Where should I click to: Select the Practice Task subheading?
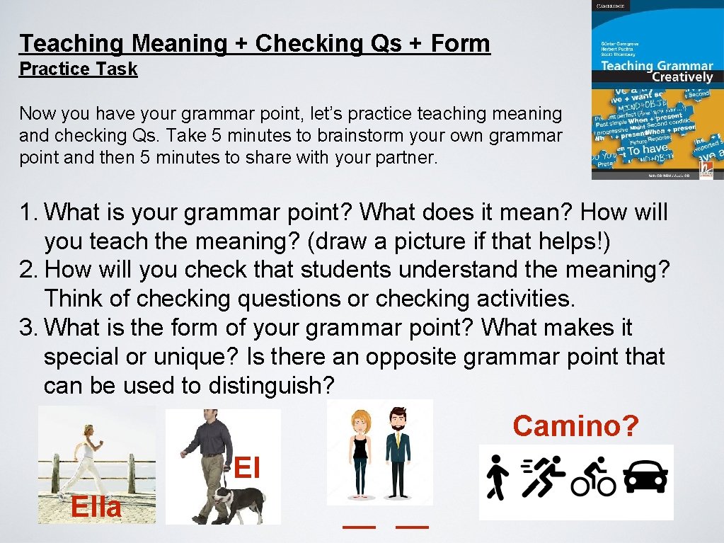pos(78,69)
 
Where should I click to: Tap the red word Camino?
pos(575,426)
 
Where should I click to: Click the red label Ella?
pos(96,507)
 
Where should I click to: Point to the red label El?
pos(247,468)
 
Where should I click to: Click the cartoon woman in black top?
pos(361,453)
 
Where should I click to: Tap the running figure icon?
pos(544,480)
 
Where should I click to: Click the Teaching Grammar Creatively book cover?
pos(653,90)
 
